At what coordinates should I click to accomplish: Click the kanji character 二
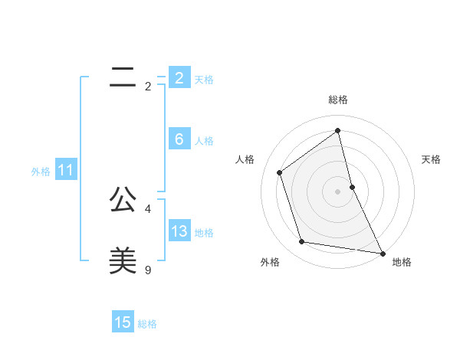(123, 77)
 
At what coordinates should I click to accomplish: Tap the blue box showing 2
(179, 78)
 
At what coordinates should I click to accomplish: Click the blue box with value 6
(179, 139)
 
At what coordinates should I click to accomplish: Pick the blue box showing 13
(179, 231)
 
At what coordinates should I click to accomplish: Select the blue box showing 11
(65, 170)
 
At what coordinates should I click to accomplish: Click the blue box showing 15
(123, 322)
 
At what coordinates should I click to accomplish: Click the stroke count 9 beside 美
(148, 270)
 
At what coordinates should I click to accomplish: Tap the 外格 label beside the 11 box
(41, 172)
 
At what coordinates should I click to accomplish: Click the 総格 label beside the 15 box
(147, 324)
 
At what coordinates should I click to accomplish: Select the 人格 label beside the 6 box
(204, 141)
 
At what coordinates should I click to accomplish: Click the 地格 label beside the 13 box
(204, 233)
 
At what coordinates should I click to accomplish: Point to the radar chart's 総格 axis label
(338, 100)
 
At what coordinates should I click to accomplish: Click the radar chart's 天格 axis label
(432, 159)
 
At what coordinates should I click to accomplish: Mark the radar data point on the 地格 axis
(382, 253)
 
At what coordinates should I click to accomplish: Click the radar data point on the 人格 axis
(279, 172)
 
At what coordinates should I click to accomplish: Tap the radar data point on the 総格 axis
(338, 131)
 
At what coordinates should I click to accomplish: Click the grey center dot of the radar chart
(338, 191)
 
